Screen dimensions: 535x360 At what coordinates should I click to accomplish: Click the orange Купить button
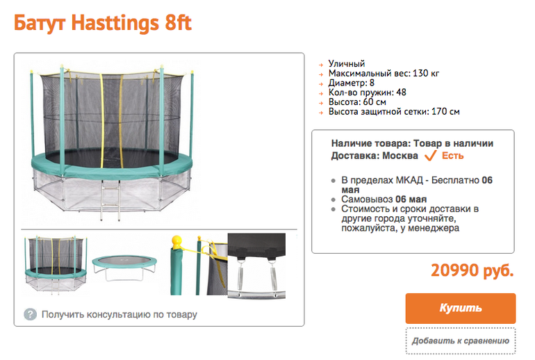click(460, 308)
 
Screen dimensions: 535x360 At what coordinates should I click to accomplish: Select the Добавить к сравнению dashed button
click(460, 341)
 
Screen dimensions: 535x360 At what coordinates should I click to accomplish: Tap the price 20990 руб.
click(472, 271)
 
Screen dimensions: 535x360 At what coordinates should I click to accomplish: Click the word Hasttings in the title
click(115, 23)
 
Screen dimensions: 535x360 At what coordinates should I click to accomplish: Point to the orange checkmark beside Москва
click(430, 156)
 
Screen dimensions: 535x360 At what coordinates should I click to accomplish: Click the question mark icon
click(30, 314)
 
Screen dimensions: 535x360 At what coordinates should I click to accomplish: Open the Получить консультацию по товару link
click(120, 314)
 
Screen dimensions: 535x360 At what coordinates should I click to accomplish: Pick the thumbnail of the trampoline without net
click(124, 267)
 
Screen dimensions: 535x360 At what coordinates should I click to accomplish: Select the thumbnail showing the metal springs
click(256, 266)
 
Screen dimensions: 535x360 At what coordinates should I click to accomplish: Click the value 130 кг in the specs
click(426, 73)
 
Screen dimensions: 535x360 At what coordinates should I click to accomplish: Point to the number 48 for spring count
click(402, 92)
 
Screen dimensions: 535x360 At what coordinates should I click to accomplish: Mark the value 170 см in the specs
click(445, 111)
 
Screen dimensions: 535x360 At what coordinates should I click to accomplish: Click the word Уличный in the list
click(347, 63)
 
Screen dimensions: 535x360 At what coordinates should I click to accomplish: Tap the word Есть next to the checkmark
click(453, 156)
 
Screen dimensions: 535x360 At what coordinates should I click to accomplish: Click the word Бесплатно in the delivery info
click(455, 180)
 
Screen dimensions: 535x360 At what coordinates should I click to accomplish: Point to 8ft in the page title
click(178, 23)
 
